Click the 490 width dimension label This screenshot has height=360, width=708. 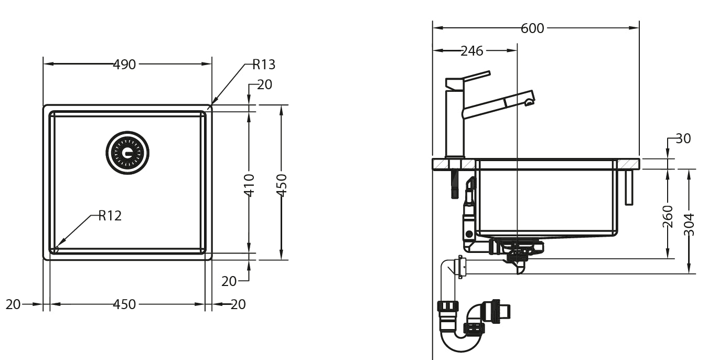[124, 65]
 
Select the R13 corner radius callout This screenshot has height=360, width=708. [264, 65]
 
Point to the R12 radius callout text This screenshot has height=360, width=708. [110, 216]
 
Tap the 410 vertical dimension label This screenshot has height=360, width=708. [249, 185]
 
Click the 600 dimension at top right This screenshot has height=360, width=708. [532, 28]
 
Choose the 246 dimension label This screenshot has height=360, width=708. [472, 51]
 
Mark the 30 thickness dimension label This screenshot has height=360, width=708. [683, 139]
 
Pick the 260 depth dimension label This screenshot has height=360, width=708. [668, 216]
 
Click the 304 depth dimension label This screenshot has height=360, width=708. [690, 224]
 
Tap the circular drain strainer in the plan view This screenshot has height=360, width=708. [127, 153]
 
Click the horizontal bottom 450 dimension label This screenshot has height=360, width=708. [124, 304]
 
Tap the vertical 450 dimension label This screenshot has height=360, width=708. [282, 185]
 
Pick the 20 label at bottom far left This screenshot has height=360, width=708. [13, 304]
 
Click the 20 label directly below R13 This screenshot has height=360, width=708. [264, 84]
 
